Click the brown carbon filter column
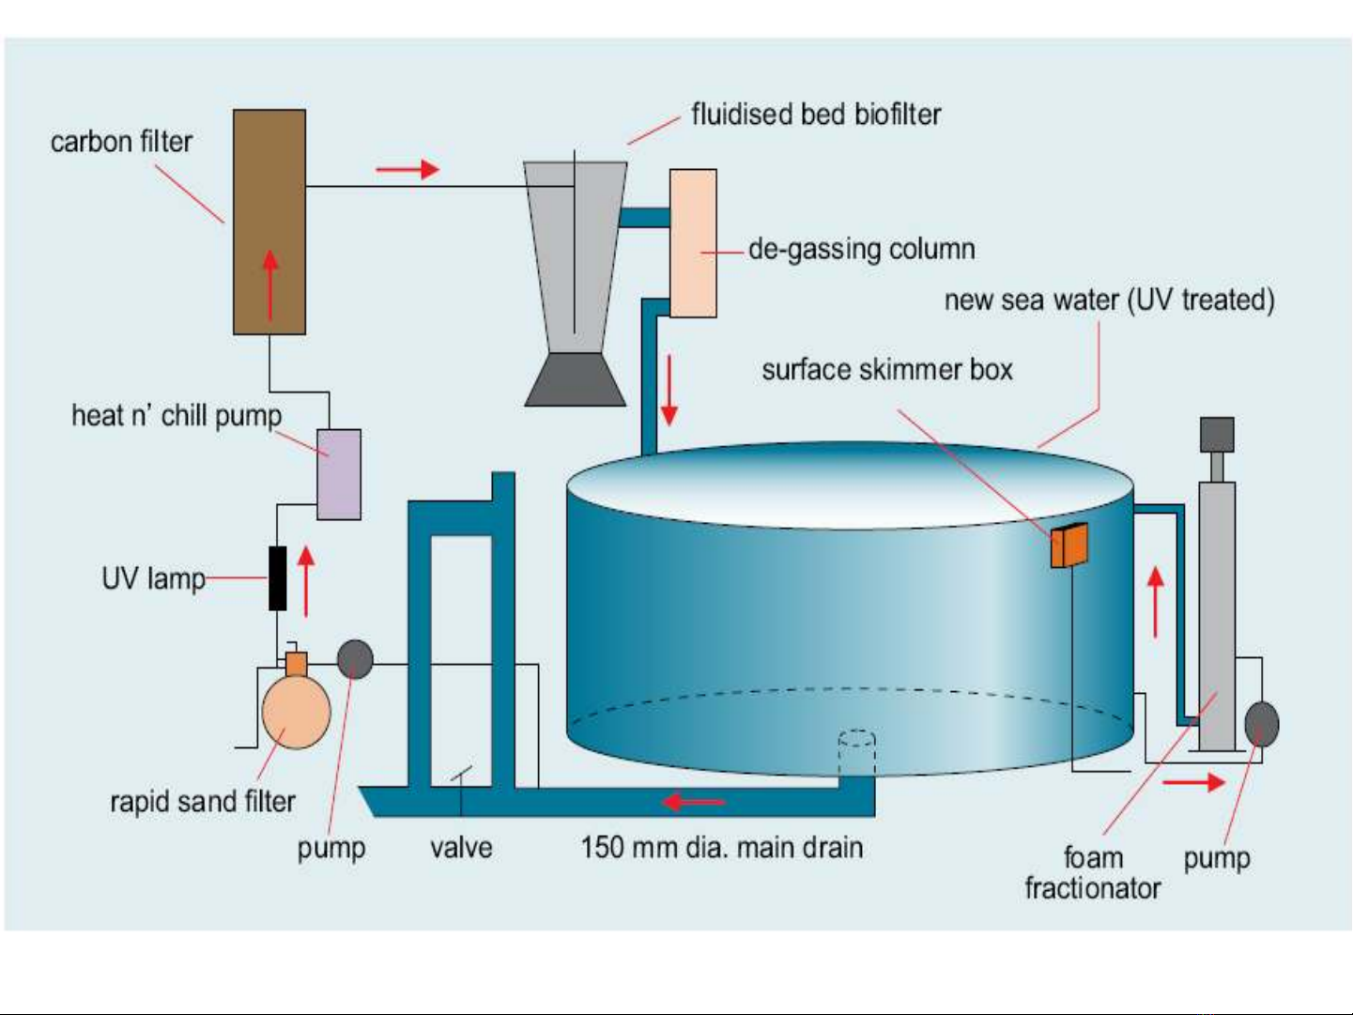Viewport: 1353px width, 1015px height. tap(269, 222)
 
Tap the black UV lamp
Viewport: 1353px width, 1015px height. tap(278, 577)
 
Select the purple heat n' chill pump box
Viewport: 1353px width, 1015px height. tap(339, 474)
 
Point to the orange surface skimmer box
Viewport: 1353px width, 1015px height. tap(1069, 546)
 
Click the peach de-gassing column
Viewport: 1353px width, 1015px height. tap(693, 243)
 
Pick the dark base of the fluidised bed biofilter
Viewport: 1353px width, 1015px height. tap(575, 379)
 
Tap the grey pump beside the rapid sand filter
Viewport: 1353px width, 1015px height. tap(355, 659)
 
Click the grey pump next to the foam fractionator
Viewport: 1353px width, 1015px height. tap(1261, 724)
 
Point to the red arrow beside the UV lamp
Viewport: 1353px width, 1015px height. tap(306, 581)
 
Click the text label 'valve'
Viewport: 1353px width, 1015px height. tap(461, 848)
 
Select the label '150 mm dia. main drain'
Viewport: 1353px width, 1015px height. tap(721, 848)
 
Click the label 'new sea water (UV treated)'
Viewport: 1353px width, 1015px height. tap(1109, 300)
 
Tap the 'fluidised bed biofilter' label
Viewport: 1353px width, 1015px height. tap(816, 115)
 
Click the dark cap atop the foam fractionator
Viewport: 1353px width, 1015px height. tap(1217, 435)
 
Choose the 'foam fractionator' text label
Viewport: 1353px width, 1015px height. tap(1093, 873)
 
